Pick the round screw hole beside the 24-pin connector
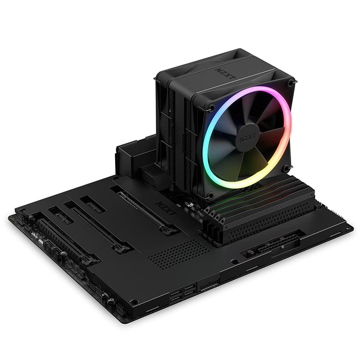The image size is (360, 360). coord(235,262)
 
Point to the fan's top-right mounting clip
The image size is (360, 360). coord(292,83)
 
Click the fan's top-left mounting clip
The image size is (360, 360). coord(210,108)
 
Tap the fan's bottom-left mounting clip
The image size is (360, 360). coord(209,194)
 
